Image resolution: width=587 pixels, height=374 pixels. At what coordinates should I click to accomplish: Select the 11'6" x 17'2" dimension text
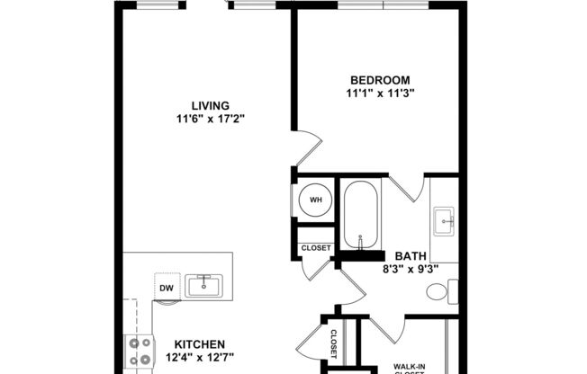coord(209,118)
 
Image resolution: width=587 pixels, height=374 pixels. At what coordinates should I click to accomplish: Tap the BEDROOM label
coord(378,78)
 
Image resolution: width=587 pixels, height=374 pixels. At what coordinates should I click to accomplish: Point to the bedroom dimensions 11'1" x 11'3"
coord(378,92)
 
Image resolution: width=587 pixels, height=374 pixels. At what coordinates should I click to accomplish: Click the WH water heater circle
coord(315,200)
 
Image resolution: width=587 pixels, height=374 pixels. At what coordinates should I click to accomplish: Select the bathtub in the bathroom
coord(360,215)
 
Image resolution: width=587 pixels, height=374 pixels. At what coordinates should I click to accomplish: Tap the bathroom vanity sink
coord(445,219)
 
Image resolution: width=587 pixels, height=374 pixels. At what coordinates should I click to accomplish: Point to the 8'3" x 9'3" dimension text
coord(410,268)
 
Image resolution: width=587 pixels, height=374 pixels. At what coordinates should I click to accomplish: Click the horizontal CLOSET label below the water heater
coord(315,248)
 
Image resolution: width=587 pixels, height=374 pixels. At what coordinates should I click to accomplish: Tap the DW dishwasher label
coord(167,289)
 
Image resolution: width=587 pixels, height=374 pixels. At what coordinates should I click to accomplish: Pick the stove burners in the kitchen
coord(140,352)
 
